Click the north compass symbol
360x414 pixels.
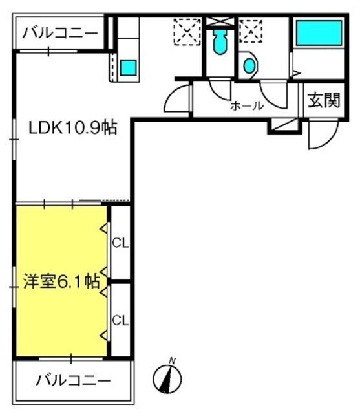click(x=167, y=379)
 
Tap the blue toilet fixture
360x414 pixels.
click(x=220, y=41)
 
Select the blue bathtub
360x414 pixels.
click(x=319, y=33)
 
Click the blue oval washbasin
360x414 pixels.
click(x=249, y=65)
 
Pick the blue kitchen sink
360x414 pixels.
click(x=129, y=67)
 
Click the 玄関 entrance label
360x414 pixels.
click(x=324, y=100)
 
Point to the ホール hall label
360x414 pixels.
click(x=247, y=106)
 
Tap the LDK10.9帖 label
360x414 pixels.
click(x=72, y=127)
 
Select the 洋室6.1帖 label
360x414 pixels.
click(x=61, y=281)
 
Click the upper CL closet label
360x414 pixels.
click(x=120, y=243)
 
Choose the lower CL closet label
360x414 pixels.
click(x=120, y=320)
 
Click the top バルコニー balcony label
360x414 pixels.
click(x=60, y=33)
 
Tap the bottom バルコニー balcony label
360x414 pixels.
click(x=73, y=380)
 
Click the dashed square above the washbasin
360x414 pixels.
click(x=251, y=31)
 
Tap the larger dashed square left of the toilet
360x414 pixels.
click(x=187, y=32)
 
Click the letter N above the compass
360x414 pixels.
click(x=173, y=360)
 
